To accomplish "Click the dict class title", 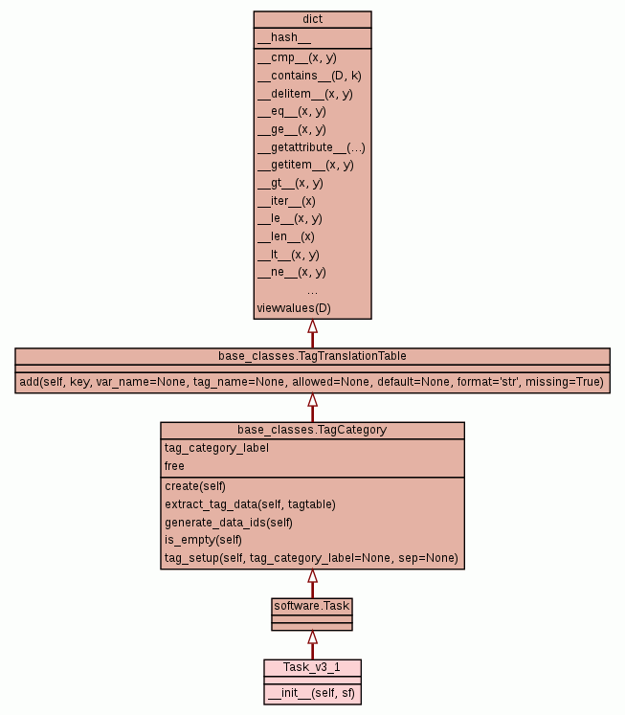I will point(312,19).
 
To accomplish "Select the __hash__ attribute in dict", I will point(284,37).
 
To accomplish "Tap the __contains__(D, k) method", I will point(309,76).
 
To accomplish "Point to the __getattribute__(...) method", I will point(311,147).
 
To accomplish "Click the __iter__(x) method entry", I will point(286,201).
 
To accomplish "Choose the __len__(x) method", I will point(285,236).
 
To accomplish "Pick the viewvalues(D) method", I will point(294,308).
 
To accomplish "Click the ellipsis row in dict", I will point(312,290).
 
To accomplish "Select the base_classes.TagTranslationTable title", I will point(312,356).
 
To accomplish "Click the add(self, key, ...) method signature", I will point(312,382).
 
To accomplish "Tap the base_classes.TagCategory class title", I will point(312,430).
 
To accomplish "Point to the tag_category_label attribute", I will point(216,448).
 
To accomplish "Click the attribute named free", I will point(174,466).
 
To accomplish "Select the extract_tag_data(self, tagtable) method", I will point(250,503).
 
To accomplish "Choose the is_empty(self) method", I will point(203,540).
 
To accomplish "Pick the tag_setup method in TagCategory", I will point(311,558).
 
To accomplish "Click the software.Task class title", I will point(312,605).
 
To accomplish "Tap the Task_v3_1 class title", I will point(312,667).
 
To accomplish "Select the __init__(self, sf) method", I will point(312,693).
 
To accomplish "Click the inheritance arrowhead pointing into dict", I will point(312,326).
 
